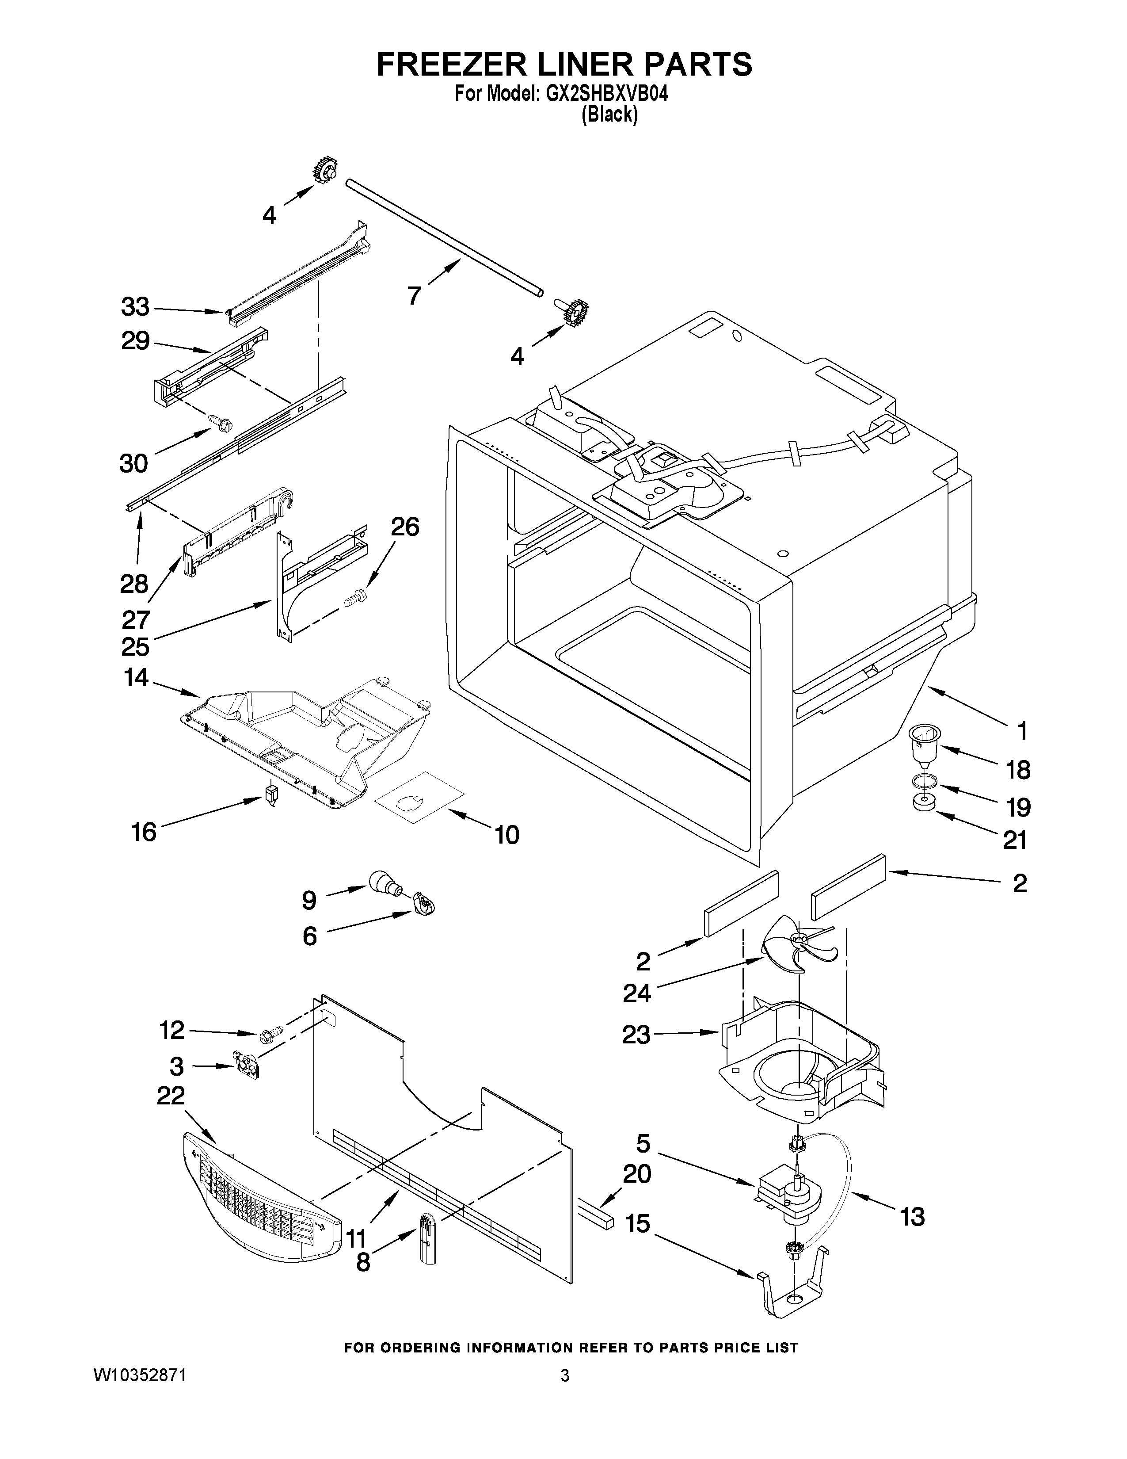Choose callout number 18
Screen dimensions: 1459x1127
click(1017, 770)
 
